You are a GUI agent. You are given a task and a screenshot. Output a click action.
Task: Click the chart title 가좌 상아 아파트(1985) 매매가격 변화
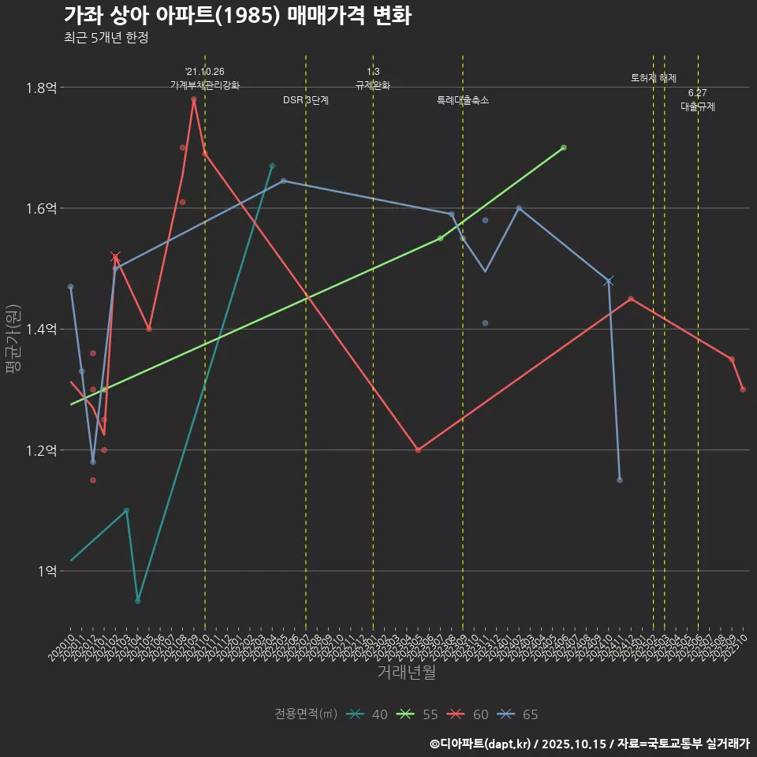point(237,17)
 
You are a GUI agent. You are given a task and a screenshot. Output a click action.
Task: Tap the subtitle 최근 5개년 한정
point(106,37)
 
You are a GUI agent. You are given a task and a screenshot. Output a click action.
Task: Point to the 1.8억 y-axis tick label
point(40,88)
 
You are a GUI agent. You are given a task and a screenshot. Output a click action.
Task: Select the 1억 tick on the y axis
point(45,571)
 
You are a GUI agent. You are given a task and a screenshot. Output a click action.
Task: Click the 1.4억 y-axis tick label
point(40,330)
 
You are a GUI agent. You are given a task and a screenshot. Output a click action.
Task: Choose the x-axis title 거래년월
point(406,673)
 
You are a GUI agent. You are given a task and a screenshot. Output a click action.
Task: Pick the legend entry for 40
point(367,714)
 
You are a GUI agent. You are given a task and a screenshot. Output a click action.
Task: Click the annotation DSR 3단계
point(306,100)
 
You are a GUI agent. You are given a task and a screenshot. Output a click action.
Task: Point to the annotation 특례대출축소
point(463,100)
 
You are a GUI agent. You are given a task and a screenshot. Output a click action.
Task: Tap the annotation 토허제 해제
point(654,78)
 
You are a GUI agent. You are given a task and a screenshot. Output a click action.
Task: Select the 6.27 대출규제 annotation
point(698,100)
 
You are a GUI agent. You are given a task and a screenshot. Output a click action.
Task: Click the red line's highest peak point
point(193,99)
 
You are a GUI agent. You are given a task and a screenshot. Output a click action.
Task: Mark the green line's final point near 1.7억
point(564,147)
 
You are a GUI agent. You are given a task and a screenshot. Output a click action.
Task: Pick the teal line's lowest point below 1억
point(137,601)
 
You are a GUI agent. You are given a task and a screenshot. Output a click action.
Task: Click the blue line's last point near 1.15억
point(620,480)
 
